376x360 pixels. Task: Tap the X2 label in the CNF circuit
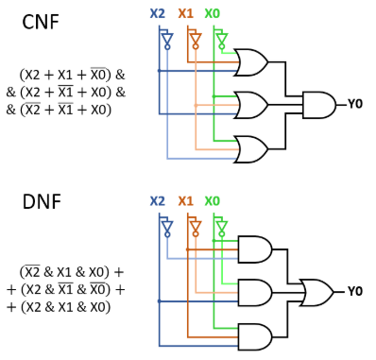pos(157,15)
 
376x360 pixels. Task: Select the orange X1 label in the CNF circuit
pos(186,15)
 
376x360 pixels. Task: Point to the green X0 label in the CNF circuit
pos(214,15)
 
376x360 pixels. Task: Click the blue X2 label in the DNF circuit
pos(157,201)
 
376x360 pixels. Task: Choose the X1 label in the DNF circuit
pos(186,201)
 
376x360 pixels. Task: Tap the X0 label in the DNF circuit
pos(214,201)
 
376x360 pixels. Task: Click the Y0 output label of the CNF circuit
pos(358,104)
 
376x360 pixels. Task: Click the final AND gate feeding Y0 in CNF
pos(316,104)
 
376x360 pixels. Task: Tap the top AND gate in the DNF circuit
pos(252,249)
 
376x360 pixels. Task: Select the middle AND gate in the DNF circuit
pos(252,291)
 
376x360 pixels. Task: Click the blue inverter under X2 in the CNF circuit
pos(167,40)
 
